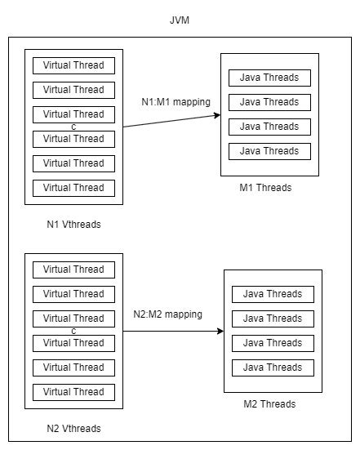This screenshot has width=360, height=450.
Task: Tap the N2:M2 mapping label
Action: (x=168, y=314)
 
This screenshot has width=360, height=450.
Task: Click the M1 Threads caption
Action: (x=265, y=188)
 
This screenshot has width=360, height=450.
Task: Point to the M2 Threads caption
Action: (x=269, y=404)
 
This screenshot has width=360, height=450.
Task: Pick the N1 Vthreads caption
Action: (x=73, y=224)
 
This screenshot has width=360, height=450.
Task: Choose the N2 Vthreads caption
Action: (x=73, y=428)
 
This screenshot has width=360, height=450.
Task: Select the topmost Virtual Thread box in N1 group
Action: (x=73, y=65)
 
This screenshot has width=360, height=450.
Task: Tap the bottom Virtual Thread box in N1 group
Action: (x=73, y=188)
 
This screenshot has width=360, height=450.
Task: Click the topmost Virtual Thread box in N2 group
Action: (x=73, y=270)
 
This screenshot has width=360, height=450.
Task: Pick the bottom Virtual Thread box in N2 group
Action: (x=73, y=392)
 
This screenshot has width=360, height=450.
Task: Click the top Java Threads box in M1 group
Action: (x=269, y=78)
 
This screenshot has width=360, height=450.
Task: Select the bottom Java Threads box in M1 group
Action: (x=269, y=151)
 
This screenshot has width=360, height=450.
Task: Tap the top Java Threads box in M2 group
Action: (x=273, y=294)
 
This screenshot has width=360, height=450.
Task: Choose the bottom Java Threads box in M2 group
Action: (x=273, y=368)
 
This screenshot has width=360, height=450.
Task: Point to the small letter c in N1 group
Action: (x=73, y=127)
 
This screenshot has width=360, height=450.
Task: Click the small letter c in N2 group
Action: (x=73, y=331)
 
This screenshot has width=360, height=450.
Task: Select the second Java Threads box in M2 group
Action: (x=273, y=319)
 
